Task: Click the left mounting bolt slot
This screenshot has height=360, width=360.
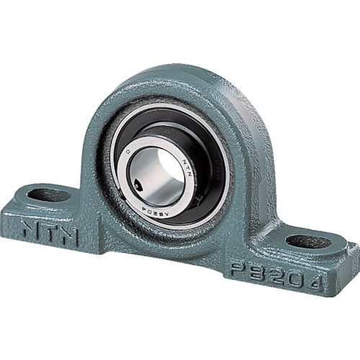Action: (49, 194)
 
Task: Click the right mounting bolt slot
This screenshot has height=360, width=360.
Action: (308, 241)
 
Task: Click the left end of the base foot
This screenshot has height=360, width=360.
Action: (11, 209)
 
